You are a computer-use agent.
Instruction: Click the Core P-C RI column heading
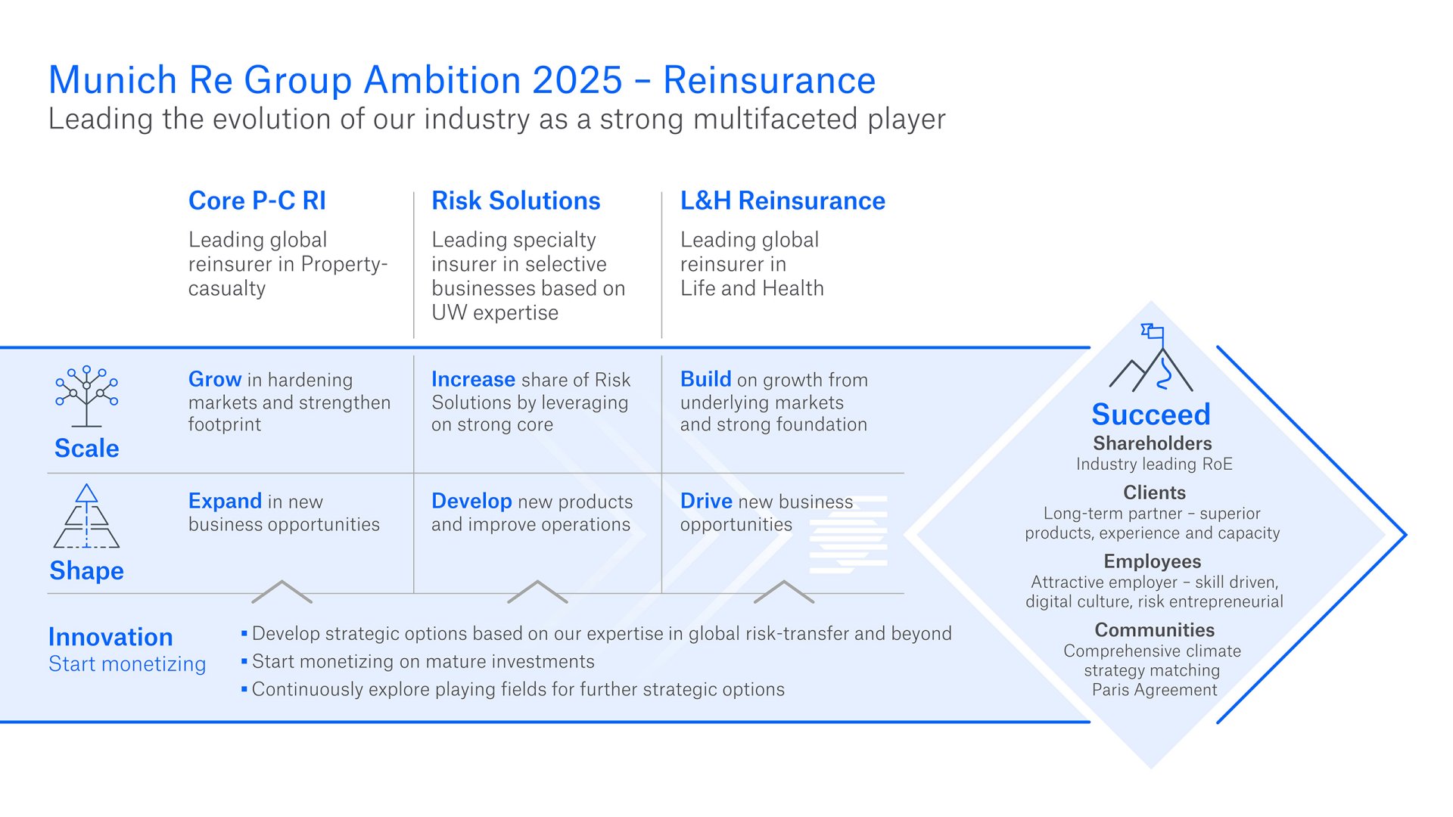tap(257, 200)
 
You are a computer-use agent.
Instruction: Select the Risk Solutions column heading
tap(515, 200)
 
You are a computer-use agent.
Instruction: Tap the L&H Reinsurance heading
tap(783, 200)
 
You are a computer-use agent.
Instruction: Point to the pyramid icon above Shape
tap(86, 517)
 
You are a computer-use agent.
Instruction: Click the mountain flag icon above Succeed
tap(1151, 359)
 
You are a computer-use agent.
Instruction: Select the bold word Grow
tap(215, 379)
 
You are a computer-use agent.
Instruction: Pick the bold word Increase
tap(473, 379)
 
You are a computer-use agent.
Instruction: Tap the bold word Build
tap(705, 379)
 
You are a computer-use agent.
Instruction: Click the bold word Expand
tap(225, 501)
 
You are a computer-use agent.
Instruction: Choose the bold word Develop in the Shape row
tap(471, 501)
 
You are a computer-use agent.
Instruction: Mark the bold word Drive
tap(706, 501)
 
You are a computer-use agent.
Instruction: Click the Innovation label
tap(110, 637)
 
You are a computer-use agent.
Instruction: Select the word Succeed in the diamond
tap(1151, 415)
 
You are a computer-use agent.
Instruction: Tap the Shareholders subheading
tap(1152, 443)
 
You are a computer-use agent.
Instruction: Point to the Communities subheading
tap(1154, 630)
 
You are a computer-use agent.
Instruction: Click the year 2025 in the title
tap(577, 80)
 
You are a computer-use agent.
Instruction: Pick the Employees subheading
tap(1152, 561)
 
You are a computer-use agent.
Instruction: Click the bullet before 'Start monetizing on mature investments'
tap(244, 661)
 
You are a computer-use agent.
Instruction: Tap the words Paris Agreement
tap(1154, 690)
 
